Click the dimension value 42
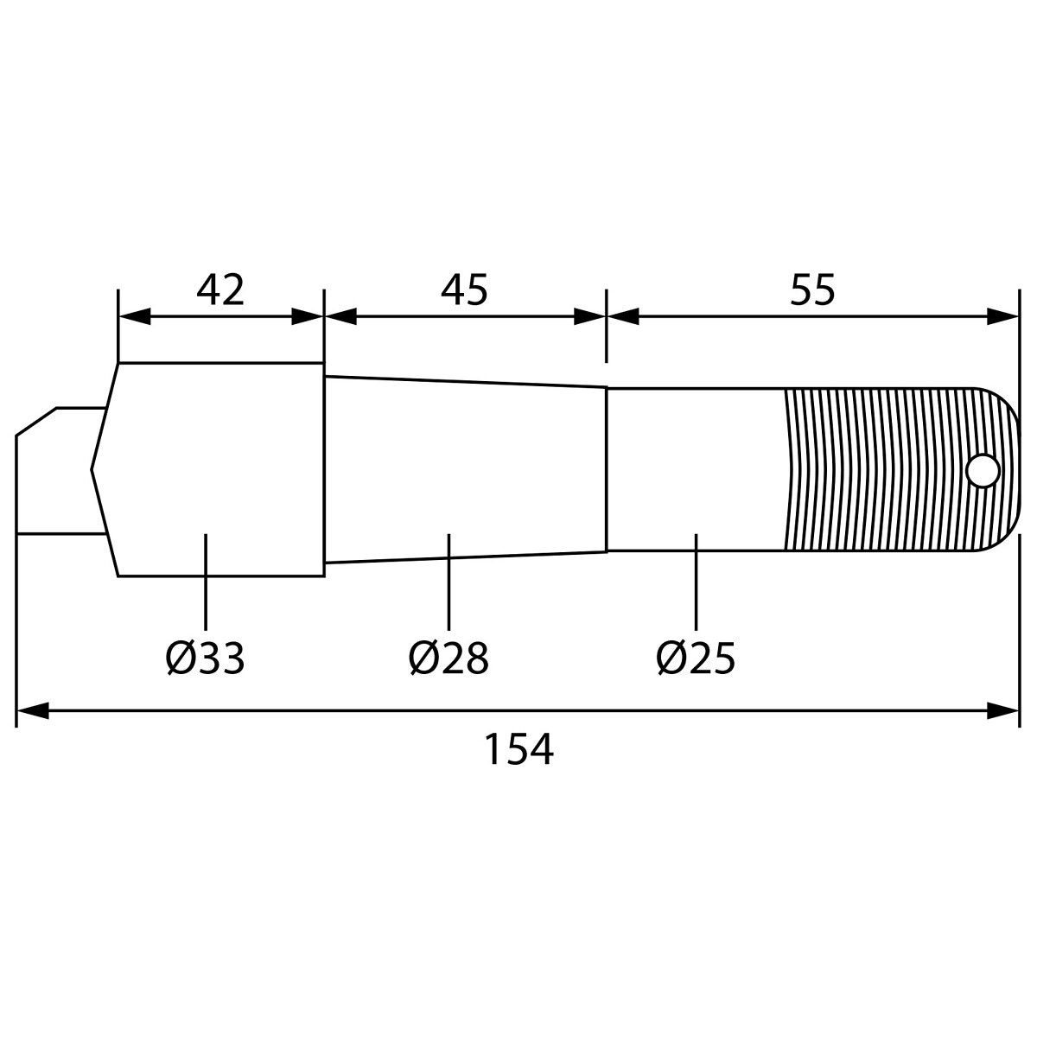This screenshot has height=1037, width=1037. tap(220, 290)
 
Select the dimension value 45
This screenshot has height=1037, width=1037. tap(464, 290)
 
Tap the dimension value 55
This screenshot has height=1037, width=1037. tap(812, 290)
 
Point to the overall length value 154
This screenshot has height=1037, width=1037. tap(518, 748)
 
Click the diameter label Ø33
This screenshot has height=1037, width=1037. tap(205, 658)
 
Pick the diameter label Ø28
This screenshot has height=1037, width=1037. tap(449, 658)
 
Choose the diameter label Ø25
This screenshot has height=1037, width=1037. tap(696, 658)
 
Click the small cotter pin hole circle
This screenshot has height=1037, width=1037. tap(983, 471)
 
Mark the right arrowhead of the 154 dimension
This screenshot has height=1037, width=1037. tap(1003, 710)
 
